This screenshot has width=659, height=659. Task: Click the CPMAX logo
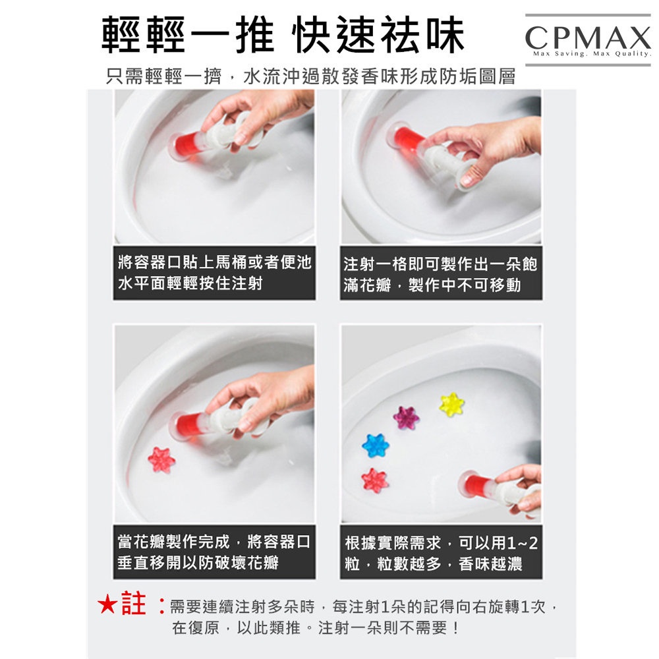coord(588,40)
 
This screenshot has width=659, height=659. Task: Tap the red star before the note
coord(107,605)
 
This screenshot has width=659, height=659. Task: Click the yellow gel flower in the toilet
coord(451,405)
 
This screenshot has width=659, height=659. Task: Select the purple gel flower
coord(406,418)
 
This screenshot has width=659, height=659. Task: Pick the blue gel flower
coord(376,445)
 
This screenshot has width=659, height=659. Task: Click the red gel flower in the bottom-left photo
coord(161,460)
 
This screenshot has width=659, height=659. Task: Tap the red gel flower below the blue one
coord(374,480)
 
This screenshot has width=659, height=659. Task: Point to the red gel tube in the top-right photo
coord(405,137)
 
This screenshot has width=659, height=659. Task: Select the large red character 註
coord(134,604)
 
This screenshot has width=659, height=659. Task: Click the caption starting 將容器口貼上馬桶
coord(214,273)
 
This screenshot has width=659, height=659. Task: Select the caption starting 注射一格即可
coord(440,274)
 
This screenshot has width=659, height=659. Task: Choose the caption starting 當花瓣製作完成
coord(214,552)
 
